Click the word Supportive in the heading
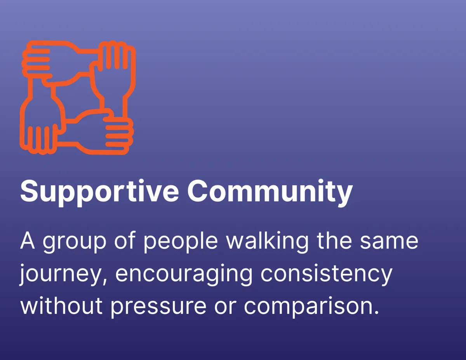[x=99, y=191]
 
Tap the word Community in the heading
[x=270, y=191]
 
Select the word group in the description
[x=75, y=242]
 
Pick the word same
[x=389, y=242]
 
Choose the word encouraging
[x=184, y=274]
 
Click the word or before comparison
[x=225, y=307]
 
